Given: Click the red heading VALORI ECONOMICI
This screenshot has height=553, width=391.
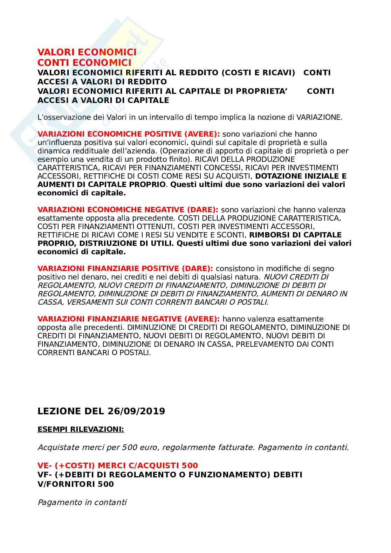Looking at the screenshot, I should point(87,53).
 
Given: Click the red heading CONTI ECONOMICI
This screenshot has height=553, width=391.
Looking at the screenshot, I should point(84,63).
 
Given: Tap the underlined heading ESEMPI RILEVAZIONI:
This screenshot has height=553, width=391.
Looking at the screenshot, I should point(81,429).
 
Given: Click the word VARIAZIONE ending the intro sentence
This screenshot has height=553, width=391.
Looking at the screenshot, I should point(318,117).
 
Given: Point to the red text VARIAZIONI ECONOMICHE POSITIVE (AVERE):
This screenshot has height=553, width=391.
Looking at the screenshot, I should point(129,134).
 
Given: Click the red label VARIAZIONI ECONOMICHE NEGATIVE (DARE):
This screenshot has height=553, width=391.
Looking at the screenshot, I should point(128,210).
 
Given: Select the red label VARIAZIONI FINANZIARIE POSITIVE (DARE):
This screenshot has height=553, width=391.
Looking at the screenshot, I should point(125,269).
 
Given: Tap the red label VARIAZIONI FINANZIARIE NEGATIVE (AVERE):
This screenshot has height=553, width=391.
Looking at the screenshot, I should point(129,319).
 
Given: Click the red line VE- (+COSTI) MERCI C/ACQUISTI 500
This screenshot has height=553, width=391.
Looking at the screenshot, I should point(118,465).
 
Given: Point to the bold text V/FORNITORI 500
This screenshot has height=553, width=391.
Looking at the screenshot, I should point(76,484).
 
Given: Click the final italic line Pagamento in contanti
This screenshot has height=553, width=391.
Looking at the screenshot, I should point(82,503).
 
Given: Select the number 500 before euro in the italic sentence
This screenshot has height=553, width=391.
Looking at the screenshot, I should point(129,447).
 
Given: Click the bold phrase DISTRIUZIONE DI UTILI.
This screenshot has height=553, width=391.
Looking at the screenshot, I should point(126,243).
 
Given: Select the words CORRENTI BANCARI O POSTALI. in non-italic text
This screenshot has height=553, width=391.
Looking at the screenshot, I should point(94,353).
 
